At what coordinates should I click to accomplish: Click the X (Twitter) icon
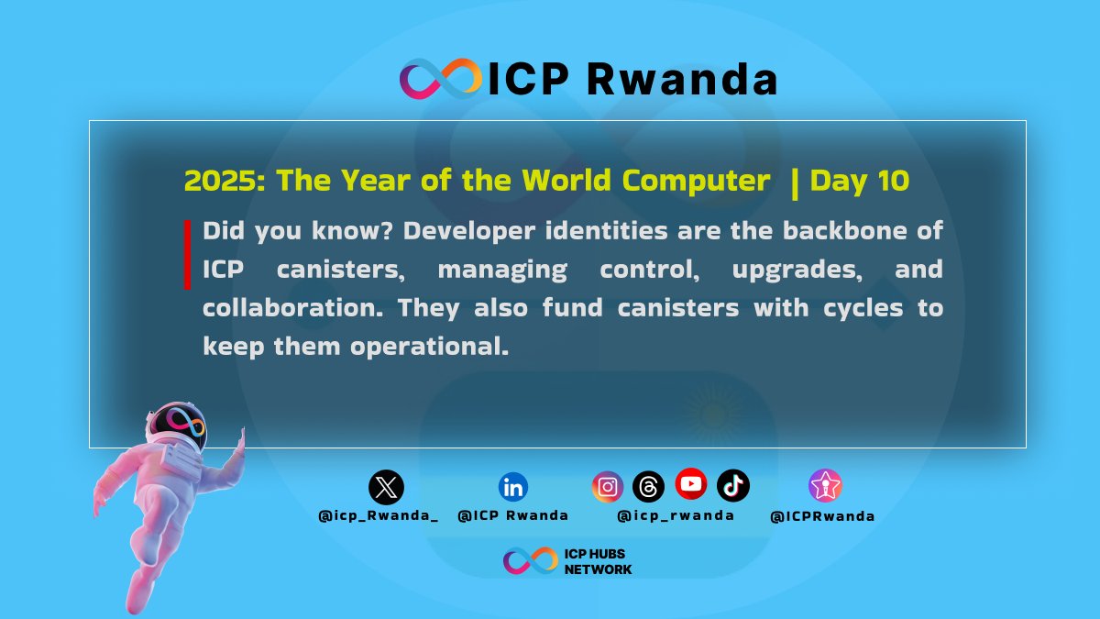point(386,487)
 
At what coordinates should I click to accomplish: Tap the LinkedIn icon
point(512,487)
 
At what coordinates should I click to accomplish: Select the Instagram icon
point(607,487)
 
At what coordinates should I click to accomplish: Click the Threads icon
point(648,487)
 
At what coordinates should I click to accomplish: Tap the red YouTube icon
point(691,483)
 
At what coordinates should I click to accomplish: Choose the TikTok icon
point(733,485)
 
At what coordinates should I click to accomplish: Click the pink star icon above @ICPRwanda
point(825,485)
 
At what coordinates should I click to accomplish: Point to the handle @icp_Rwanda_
point(378,516)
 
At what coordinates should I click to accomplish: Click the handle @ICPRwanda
point(822,516)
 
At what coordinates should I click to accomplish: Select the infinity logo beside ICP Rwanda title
point(440,79)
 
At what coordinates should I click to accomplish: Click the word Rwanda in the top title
point(682,80)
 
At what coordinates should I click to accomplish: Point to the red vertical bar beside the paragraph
point(188,254)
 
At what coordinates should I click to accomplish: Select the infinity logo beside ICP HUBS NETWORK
point(530,561)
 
